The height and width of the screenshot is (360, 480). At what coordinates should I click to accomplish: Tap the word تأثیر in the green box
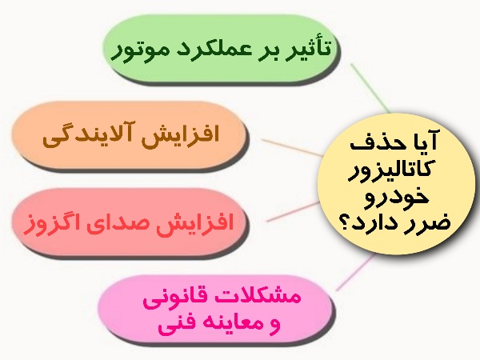[312, 48]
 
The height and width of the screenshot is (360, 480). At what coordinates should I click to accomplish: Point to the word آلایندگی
[86, 134]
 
